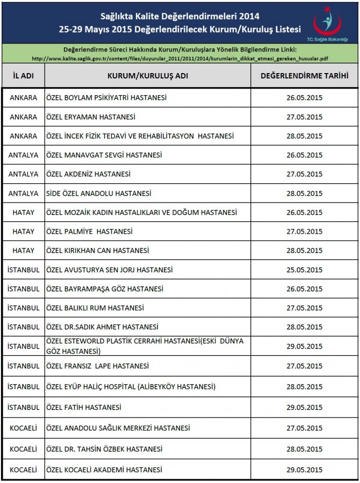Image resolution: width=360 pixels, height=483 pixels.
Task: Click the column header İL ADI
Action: (x=23, y=76)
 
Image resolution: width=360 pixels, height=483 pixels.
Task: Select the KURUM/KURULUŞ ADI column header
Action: (x=148, y=76)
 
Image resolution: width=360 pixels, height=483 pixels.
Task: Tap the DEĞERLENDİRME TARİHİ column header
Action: (x=304, y=76)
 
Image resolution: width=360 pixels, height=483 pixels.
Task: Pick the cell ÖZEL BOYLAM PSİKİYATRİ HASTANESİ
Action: (x=106, y=98)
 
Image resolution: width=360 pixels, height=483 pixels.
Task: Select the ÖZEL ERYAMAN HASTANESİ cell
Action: (x=91, y=117)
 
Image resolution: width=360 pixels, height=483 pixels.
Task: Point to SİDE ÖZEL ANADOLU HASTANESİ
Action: (x=99, y=193)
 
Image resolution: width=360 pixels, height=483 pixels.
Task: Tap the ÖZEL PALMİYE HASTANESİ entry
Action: (x=90, y=232)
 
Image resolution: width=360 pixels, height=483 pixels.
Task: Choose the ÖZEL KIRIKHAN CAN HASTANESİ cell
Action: (x=98, y=250)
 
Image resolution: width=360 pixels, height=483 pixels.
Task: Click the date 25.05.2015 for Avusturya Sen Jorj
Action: (x=304, y=270)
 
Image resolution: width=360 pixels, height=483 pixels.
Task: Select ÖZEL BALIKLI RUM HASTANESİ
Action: (x=95, y=308)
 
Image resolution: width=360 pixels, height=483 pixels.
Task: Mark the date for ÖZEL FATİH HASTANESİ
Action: (x=304, y=407)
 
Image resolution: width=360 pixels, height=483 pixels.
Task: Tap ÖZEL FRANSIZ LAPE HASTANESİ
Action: (x=98, y=366)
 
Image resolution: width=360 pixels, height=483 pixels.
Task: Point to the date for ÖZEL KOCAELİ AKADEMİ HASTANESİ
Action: (x=304, y=470)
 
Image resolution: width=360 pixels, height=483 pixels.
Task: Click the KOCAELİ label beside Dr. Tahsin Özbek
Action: (x=23, y=449)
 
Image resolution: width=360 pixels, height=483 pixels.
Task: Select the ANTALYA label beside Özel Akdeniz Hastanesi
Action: (x=23, y=174)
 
